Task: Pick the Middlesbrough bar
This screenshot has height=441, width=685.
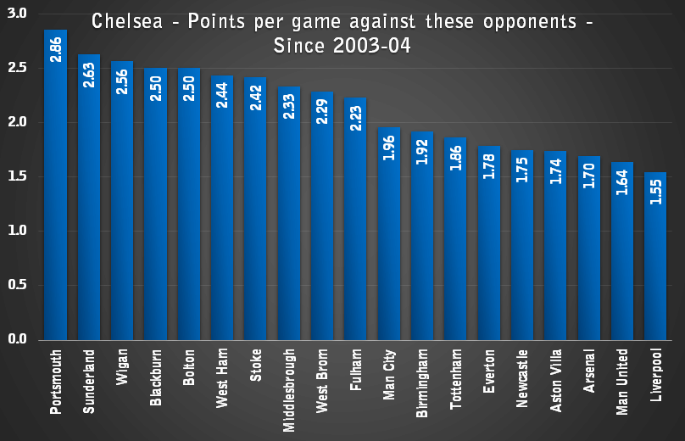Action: pos(288,220)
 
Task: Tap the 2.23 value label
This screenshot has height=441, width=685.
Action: pos(355,120)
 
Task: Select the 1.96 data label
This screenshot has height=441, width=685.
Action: pos(388,148)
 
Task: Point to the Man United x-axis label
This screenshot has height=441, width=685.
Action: pos(622,382)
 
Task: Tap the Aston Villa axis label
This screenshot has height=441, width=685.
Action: pos(556,380)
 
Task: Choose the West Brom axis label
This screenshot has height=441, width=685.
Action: pos(322,380)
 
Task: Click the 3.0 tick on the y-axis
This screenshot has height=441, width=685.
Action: pos(18,14)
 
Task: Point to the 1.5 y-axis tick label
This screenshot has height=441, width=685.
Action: pos(18,176)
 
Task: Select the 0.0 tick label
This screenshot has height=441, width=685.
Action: pos(18,339)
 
